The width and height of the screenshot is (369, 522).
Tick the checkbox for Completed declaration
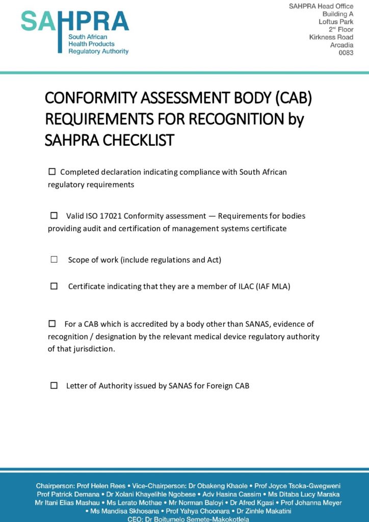[x=51, y=172]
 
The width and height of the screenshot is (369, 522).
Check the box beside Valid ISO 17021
[x=54, y=216]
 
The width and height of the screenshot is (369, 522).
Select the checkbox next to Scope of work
[x=54, y=259]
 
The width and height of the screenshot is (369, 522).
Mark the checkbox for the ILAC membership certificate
[x=54, y=286]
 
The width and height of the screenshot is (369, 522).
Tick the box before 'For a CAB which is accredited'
[x=52, y=324]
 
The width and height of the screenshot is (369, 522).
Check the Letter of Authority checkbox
[x=54, y=385]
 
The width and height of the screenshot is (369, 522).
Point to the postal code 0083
[x=346, y=53]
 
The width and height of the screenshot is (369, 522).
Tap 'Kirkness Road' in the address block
[x=331, y=37]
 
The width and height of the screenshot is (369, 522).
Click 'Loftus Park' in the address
[x=336, y=22]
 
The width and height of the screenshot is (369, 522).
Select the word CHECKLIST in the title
[x=139, y=140]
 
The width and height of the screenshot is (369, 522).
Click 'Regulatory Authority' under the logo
[x=98, y=51]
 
